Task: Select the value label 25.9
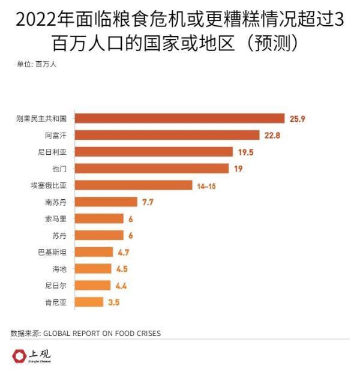(x=298, y=119)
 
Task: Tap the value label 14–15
(x=206, y=186)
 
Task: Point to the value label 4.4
(x=121, y=286)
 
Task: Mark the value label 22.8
(x=272, y=136)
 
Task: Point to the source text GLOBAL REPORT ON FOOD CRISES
(x=103, y=333)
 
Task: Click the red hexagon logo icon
(x=19, y=356)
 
